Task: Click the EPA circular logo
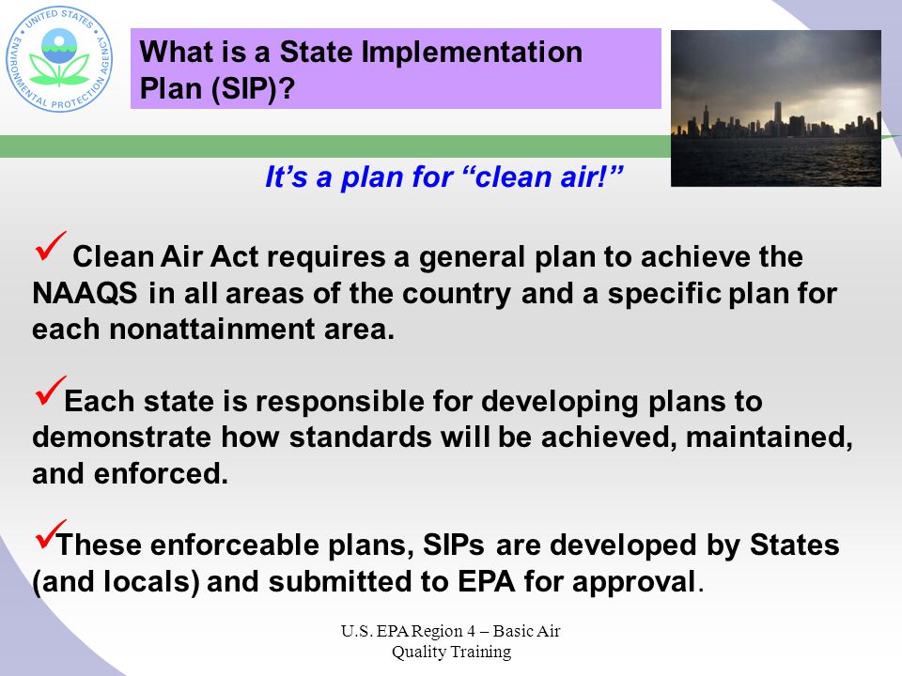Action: tap(59, 60)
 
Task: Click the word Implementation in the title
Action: tap(472, 53)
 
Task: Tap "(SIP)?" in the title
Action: tap(253, 88)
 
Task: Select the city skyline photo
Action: tap(776, 108)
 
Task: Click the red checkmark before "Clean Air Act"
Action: tap(50, 246)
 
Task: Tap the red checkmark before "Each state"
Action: tap(50, 391)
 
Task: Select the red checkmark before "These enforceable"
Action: tap(50, 534)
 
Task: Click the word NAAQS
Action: tap(85, 293)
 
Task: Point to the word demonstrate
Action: tap(122, 437)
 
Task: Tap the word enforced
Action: tap(161, 473)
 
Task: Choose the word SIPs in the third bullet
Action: tap(453, 545)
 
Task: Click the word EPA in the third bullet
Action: tap(486, 581)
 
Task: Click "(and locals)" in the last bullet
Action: tap(117, 582)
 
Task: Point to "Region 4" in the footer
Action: tap(443, 631)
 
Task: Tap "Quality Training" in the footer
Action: tap(452, 653)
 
